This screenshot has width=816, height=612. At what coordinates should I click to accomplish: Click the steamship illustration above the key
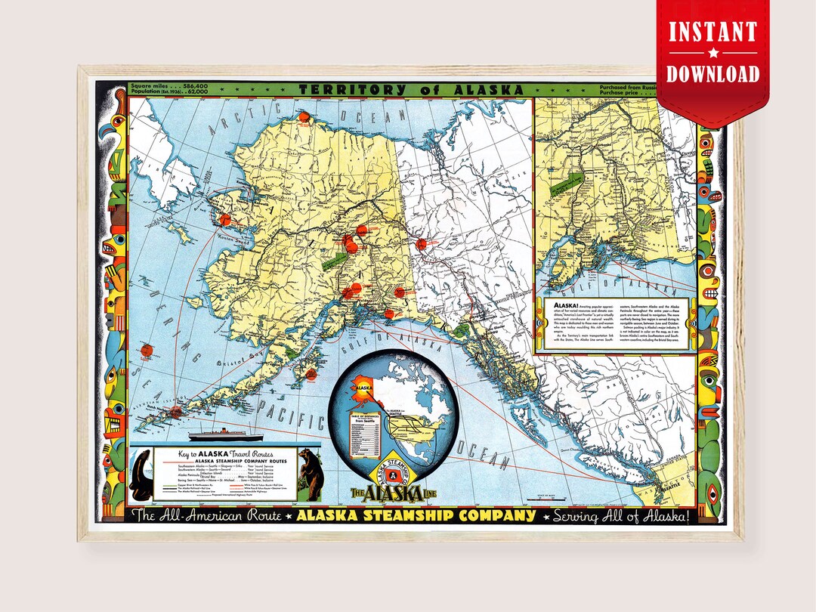point(224,436)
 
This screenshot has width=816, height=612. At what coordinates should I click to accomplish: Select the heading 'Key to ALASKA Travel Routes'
point(225,453)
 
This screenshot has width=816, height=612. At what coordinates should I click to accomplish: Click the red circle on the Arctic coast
point(304,117)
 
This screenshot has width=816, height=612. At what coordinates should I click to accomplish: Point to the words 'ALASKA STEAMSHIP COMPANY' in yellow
point(416,516)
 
